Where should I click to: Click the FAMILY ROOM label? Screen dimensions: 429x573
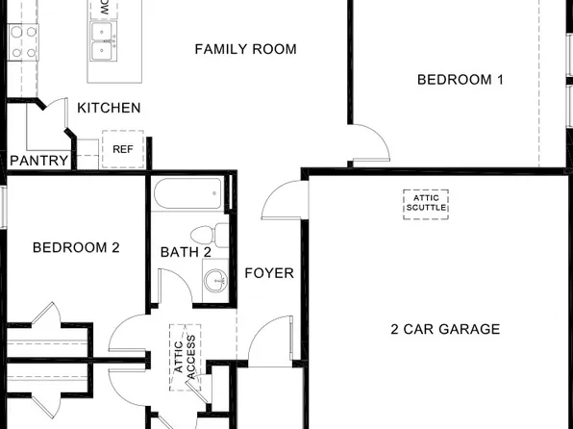point(245,49)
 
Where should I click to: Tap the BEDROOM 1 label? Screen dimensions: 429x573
point(460,80)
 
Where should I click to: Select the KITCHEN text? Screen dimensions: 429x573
point(109,108)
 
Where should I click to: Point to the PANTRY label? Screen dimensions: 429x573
point(38,161)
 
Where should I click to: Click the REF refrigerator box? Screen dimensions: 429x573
point(122,149)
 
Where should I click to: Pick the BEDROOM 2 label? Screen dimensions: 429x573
point(76,247)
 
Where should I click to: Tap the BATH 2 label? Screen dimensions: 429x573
point(186,252)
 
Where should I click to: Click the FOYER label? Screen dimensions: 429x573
point(269,273)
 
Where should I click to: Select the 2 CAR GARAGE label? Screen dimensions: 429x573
point(445,329)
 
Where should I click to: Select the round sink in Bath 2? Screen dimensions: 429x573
point(215,280)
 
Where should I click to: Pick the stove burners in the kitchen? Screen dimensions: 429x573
point(23,41)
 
